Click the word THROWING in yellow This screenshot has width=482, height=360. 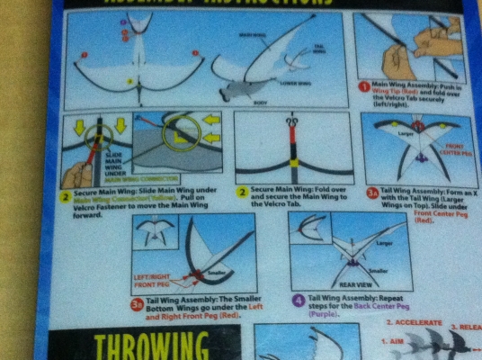[151, 346]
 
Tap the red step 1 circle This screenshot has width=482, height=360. [364, 87]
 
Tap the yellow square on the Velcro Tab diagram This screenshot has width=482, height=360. [292, 161]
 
